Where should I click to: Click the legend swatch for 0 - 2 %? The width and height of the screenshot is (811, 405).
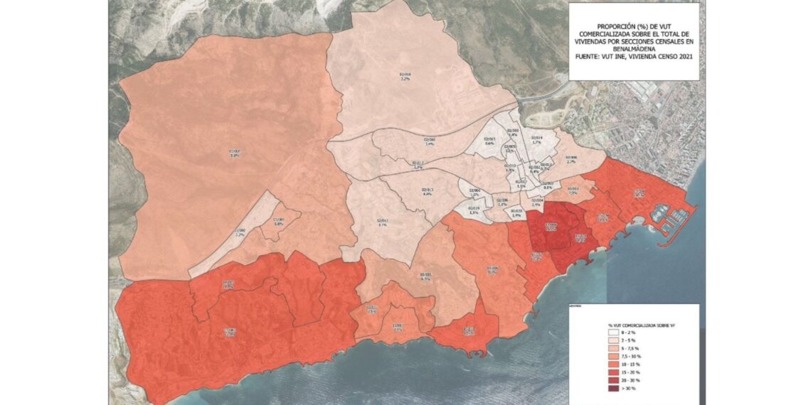[x=603, y=333]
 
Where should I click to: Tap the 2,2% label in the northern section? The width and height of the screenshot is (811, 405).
[x=405, y=79]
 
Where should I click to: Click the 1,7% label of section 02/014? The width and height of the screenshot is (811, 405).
[x=536, y=142]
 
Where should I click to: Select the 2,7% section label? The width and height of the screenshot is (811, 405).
[x=571, y=162]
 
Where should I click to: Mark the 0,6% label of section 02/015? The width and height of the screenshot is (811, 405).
[x=489, y=144]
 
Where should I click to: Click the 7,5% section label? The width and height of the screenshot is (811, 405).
[x=573, y=193]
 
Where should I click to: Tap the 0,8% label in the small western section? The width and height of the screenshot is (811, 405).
[x=279, y=224]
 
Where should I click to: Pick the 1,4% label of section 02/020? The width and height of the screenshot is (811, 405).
[x=516, y=215]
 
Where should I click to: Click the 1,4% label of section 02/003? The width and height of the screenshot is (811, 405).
[x=513, y=135]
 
